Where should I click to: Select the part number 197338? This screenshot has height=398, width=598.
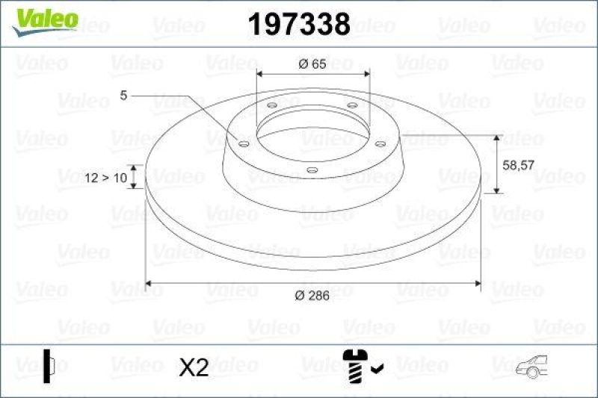[298, 24]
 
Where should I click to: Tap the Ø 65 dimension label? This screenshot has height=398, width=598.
[312, 64]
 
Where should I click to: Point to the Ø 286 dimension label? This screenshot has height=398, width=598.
[312, 296]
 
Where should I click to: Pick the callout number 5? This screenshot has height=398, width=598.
[123, 95]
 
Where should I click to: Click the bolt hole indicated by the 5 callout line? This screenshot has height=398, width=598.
[244, 143]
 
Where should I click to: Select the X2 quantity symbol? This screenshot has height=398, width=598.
[194, 367]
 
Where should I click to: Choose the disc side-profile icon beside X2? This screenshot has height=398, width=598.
[49, 366]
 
